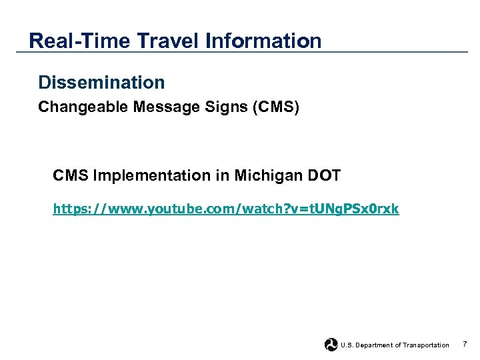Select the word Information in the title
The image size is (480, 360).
(x=263, y=41)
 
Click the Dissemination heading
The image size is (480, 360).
(x=101, y=83)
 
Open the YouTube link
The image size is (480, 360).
(x=226, y=209)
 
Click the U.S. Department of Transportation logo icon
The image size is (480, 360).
(x=331, y=345)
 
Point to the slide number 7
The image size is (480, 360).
(x=465, y=344)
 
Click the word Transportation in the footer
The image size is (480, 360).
(x=425, y=345)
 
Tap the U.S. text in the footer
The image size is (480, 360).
(x=347, y=345)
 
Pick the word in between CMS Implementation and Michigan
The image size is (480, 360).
(x=219, y=176)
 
